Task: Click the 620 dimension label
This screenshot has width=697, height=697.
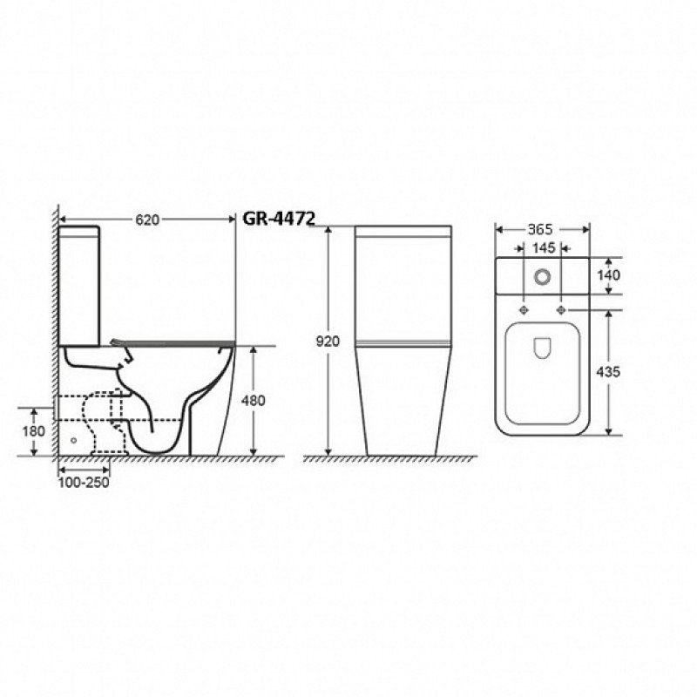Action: point(147,220)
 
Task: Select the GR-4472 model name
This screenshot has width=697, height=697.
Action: point(279,219)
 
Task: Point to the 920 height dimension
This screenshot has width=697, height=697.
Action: point(328,342)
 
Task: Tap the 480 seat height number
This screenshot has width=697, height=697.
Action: point(253,401)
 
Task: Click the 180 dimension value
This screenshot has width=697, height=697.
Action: point(34,431)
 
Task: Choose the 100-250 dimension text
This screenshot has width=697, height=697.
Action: point(84,483)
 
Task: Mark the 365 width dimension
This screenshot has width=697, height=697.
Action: point(540,229)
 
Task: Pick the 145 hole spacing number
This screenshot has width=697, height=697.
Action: point(543,247)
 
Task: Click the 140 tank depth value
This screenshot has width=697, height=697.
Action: point(608,275)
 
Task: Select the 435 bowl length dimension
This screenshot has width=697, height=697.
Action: point(608,372)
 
